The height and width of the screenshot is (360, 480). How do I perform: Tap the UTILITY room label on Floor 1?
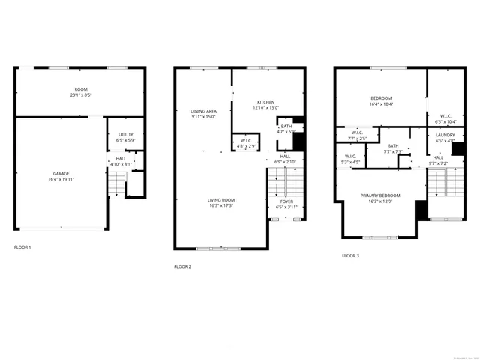pyautogui.click(x=124, y=136)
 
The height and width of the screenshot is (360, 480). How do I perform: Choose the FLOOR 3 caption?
pyautogui.click(x=351, y=256)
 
